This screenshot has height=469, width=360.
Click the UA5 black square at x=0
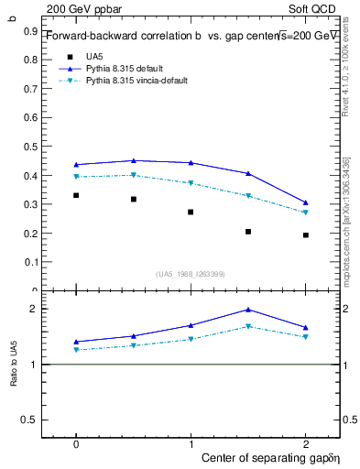(x=76, y=195)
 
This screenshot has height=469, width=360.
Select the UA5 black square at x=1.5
(x=248, y=232)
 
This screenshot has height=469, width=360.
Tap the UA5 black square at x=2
(x=306, y=235)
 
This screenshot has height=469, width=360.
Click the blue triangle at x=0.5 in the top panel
(x=134, y=160)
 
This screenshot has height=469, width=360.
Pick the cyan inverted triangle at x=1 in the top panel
(x=191, y=183)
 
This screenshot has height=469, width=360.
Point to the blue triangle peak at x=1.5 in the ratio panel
(x=248, y=310)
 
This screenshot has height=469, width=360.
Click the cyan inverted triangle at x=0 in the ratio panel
(x=76, y=350)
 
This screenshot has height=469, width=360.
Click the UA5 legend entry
(x=94, y=56)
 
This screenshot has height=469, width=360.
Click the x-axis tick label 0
(x=76, y=443)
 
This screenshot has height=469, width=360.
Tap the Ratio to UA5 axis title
(x=14, y=365)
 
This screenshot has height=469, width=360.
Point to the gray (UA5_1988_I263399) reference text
(x=191, y=274)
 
